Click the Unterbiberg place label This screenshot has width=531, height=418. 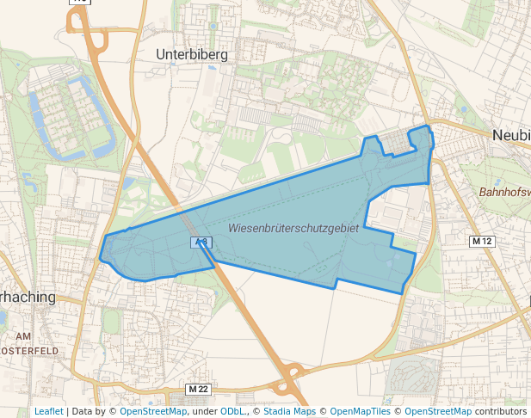coord(191,54)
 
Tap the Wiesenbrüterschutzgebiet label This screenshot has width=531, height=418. coord(293,228)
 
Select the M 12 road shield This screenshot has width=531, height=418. coord(482,242)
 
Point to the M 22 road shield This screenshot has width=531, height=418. coord(198,390)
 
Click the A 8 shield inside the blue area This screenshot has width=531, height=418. coord(201,243)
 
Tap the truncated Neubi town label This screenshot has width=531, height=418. coord(511,135)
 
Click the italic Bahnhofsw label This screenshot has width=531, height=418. coord(504,192)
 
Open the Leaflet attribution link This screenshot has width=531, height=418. coord(48,411)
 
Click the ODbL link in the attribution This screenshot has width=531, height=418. coord(232,411)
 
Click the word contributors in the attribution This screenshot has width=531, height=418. coord(501,411)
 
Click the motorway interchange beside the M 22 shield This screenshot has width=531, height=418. coord(293,372)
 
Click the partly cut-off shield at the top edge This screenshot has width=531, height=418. coord(79,3)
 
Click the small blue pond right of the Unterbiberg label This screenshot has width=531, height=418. coord(213,68)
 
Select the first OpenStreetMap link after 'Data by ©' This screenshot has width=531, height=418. coord(153,411)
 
